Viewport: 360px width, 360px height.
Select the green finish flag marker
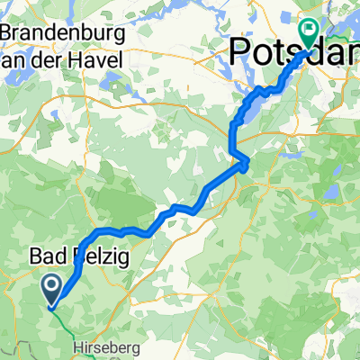[x=309, y=34]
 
